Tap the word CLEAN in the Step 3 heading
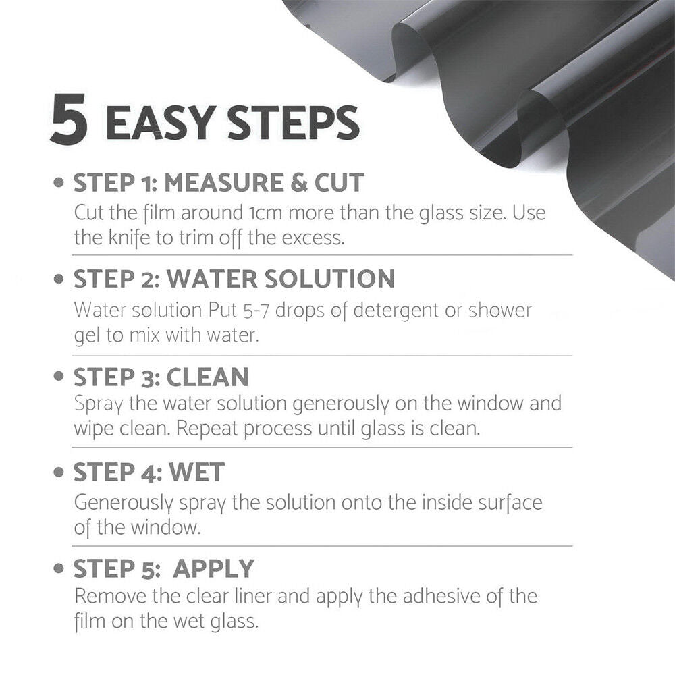pos(208,377)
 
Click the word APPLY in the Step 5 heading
pos(214,569)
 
